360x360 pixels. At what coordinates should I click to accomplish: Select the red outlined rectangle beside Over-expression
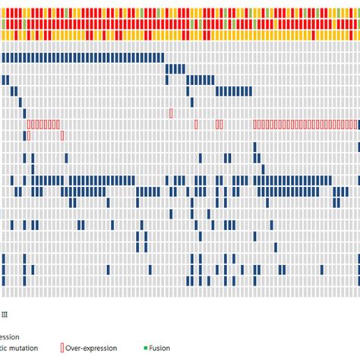61,348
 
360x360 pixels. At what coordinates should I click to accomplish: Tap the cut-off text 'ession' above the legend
11,335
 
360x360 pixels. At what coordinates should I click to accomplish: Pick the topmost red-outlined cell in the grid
171,112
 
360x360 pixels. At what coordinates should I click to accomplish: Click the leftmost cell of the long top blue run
4,58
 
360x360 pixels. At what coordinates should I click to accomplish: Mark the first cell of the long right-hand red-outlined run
256,124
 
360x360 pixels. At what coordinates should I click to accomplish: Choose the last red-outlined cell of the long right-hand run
353,124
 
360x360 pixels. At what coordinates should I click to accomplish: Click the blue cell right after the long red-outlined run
357,124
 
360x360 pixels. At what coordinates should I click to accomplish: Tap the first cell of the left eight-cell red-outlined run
29,124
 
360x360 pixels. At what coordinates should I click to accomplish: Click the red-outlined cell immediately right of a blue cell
29,135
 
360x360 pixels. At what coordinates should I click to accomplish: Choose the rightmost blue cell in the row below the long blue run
183,68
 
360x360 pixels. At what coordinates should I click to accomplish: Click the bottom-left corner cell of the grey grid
4,292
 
